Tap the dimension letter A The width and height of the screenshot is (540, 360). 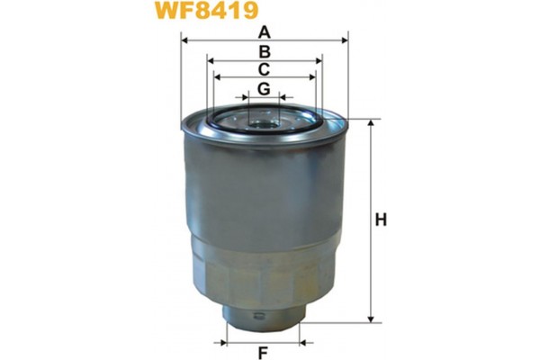tap(265, 31)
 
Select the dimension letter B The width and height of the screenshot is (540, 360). tap(265, 52)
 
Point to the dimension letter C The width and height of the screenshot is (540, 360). tap(265, 70)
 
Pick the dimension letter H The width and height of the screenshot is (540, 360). tap(381, 220)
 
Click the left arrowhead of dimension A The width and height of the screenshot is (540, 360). tap(184, 40)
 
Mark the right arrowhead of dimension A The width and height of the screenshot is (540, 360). tap(345, 40)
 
